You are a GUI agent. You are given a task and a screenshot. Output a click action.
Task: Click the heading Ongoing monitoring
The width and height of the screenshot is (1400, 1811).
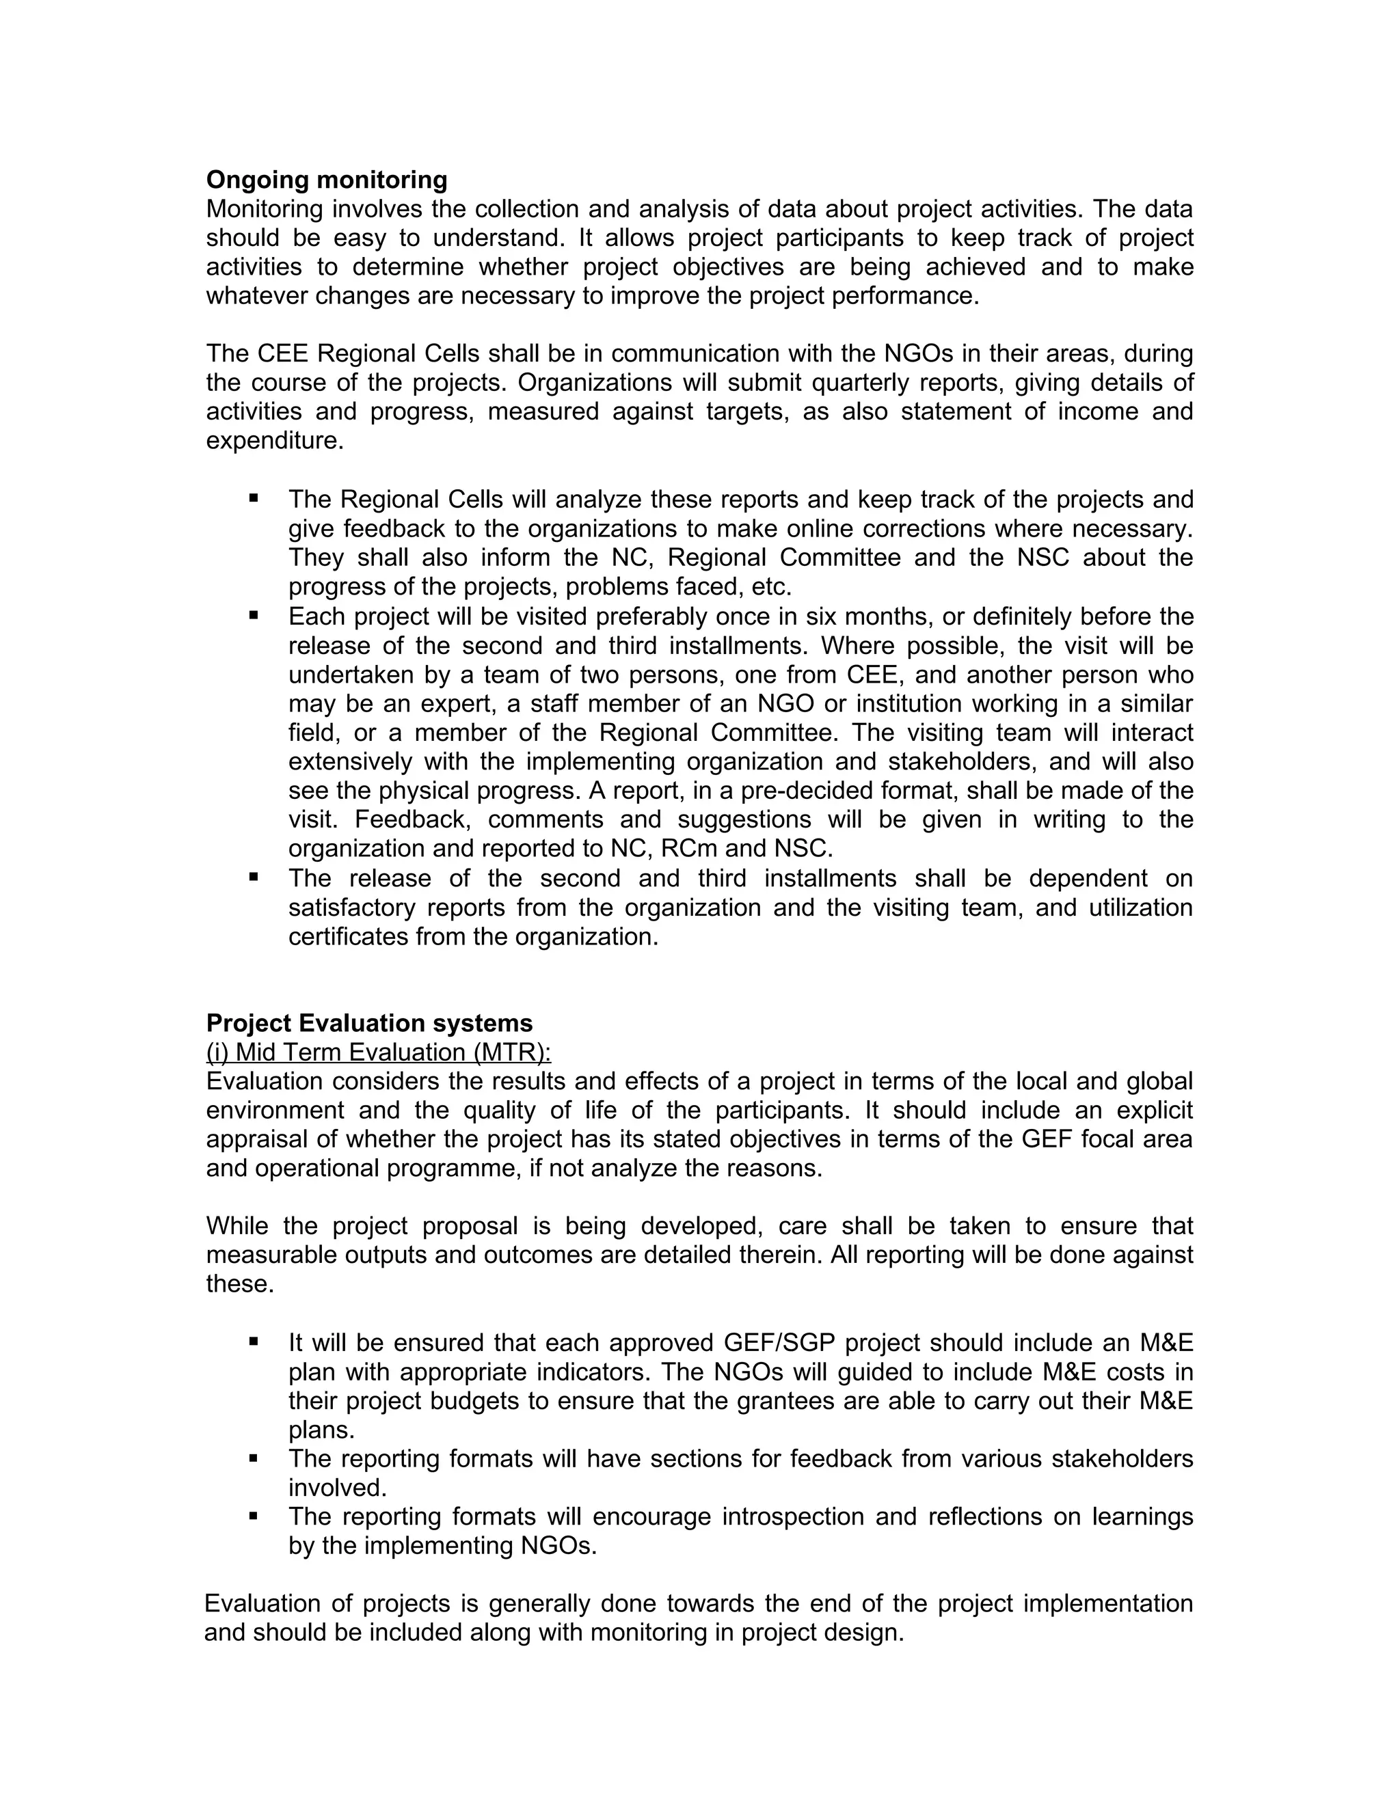tap(326, 180)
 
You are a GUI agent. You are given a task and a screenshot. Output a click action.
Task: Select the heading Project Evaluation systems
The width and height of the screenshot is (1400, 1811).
tap(369, 1022)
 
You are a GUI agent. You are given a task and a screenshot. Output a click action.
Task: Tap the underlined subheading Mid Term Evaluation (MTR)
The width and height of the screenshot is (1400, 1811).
tap(378, 1052)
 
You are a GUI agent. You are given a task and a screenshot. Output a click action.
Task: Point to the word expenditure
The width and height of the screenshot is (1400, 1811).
tap(273, 441)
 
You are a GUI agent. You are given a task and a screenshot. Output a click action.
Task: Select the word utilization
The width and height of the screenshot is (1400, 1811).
tap(1140, 907)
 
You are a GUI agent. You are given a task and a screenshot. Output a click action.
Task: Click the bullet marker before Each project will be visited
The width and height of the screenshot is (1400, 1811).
tap(253, 615)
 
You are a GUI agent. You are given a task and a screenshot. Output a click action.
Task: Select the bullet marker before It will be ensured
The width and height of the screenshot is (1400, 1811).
tap(253, 1341)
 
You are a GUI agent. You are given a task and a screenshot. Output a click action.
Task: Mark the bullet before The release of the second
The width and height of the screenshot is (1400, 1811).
tap(253, 877)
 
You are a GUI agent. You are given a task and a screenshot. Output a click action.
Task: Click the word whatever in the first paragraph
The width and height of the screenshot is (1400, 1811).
tap(257, 296)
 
